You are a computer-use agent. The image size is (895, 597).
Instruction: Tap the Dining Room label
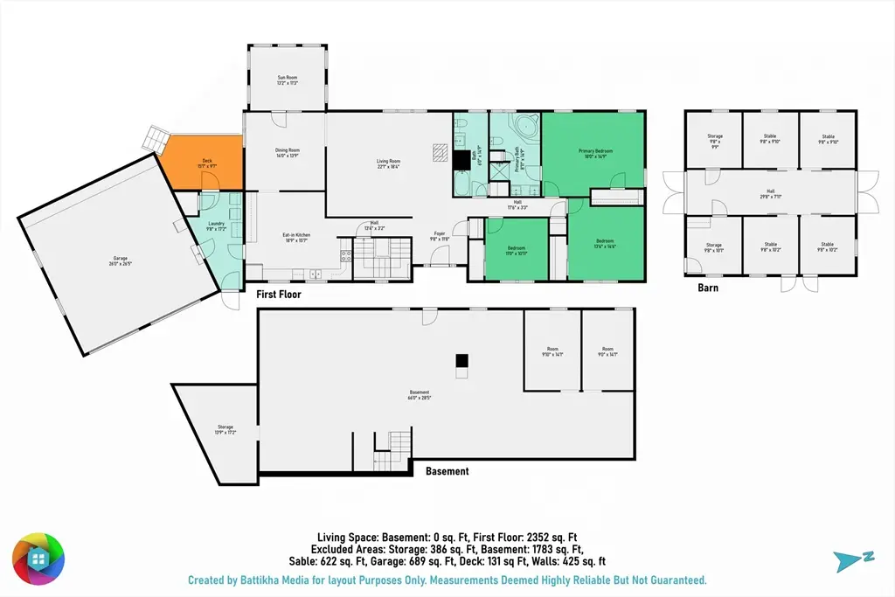pos(288,152)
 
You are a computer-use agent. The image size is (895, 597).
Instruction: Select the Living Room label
pos(388,163)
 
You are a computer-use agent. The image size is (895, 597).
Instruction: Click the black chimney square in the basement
pos(462,361)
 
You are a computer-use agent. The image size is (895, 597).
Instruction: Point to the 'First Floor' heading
pos(278,295)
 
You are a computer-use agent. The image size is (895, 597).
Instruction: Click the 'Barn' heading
pos(707,288)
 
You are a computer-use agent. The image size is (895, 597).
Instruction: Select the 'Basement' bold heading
pos(447,471)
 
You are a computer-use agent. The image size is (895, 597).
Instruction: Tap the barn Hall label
pos(770,195)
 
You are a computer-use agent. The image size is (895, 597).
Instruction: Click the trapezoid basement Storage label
pos(225,429)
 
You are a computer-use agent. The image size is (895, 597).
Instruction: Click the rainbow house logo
pos(38,557)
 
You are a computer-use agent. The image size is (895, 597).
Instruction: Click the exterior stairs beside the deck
pos(156,136)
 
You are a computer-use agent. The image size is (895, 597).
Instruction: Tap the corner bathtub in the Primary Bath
pos(527,126)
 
